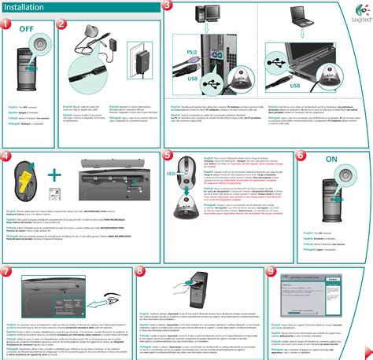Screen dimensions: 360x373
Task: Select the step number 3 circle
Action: point(168,6)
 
